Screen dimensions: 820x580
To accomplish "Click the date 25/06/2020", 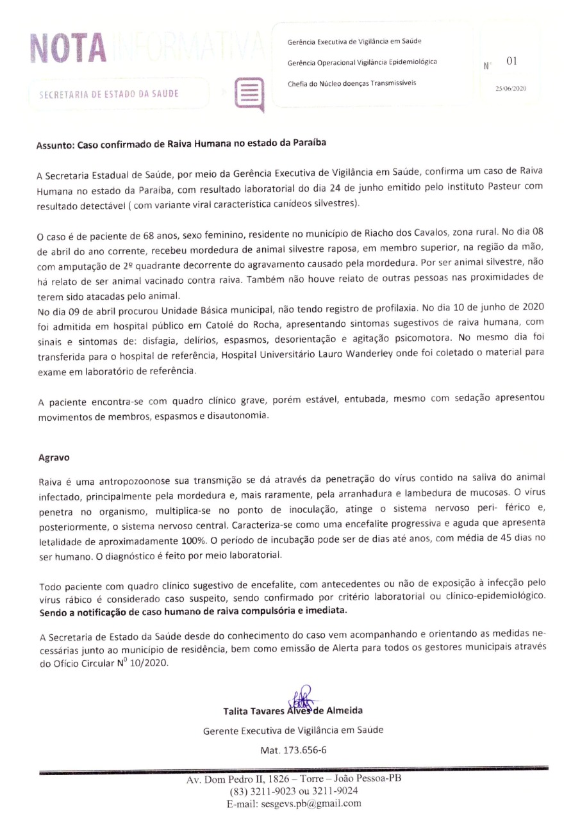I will coord(511,88).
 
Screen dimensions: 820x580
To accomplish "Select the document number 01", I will coord(511,61).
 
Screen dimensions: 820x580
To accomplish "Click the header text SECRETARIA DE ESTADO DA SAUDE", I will coord(109,94).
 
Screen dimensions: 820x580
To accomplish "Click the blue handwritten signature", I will coord(300,698).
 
